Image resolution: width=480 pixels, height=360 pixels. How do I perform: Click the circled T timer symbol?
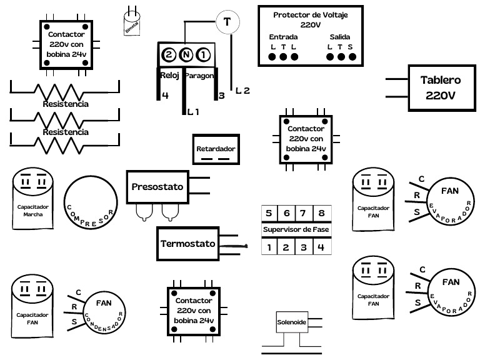click(x=227, y=22)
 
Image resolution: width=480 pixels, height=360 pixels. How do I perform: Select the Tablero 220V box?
click(x=440, y=88)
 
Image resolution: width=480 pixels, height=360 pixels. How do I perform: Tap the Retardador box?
click(x=216, y=149)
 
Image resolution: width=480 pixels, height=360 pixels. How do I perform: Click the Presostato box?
click(x=157, y=187)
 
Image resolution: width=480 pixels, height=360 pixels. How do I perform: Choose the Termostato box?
click(x=187, y=244)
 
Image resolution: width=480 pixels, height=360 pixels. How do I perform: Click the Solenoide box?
click(x=291, y=323)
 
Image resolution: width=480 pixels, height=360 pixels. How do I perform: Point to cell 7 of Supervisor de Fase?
click(x=303, y=213)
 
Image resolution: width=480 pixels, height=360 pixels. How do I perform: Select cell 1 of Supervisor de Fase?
click(x=269, y=247)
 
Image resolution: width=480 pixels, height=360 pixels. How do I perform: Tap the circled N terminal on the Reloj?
click(x=186, y=55)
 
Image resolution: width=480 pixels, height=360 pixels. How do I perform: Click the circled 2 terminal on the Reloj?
click(x=169, y=55)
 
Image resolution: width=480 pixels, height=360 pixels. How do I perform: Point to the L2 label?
click(x=242, y=91)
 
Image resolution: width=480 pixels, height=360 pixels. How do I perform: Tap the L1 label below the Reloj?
click(x=193, y=112)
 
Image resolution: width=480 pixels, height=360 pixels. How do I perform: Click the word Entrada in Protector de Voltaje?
click(x=283, y=37)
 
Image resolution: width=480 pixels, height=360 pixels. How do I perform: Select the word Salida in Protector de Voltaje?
click(x=341, y=37)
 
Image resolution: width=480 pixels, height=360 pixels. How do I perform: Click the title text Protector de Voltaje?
click(x=311, y=14)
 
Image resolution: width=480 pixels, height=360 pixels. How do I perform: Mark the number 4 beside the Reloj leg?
click(x=165, y=96)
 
